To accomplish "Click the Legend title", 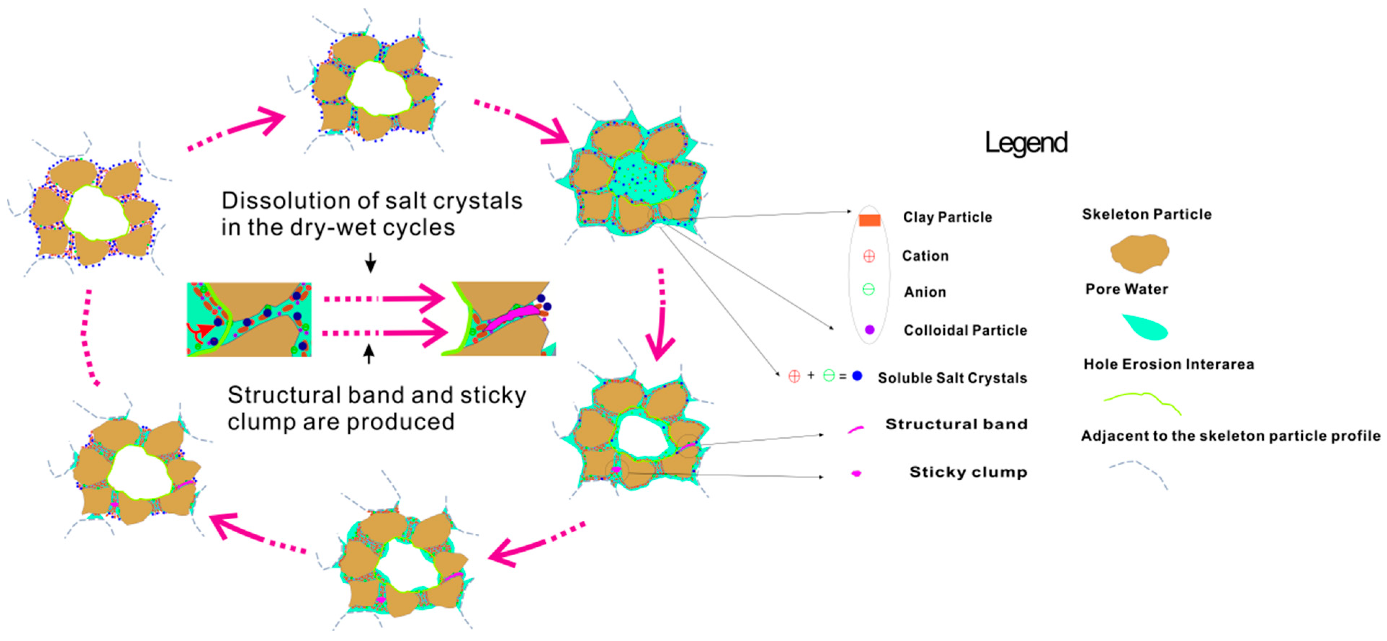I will pyautogui.click(x=1026, y=143).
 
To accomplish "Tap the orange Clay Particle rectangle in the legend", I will pyautogui.click(x=869, y=220).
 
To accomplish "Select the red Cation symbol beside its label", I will pyautogui.click(x=868, y=256).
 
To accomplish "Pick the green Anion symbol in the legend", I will pyautogui.click(x=868, y=290).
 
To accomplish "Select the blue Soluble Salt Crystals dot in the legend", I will pyautogui.click(x=857, y=376).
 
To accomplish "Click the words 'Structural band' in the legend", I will pyautogui.click(x=956, y=424).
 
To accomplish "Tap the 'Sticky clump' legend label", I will pyautogui.click(x=968, y=472).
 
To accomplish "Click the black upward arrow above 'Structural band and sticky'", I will pyautogui.click(x=369, y=354).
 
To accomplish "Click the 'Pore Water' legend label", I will pyautogui.click(x=1126, y=289).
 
